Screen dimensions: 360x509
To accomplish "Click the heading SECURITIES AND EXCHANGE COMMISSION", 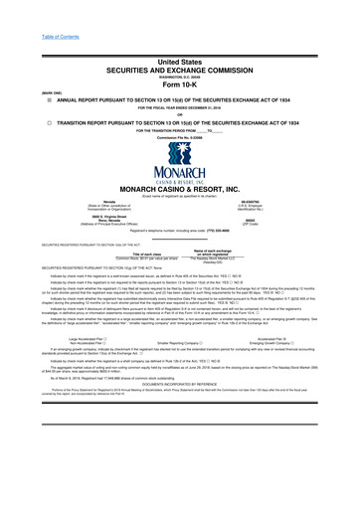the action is pos(179,43).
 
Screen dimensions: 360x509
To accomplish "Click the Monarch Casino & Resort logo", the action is pos(179,146).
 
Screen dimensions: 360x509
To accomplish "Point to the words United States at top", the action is pos(179,33).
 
